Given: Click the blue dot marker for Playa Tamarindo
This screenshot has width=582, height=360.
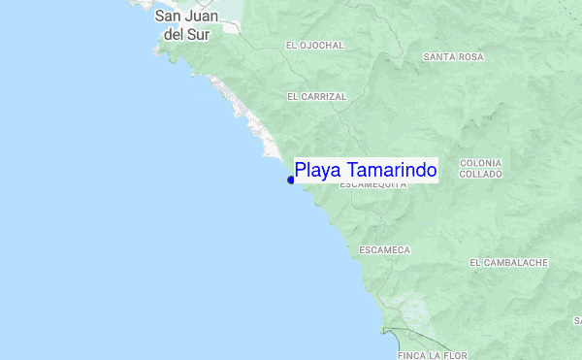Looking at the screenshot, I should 291,179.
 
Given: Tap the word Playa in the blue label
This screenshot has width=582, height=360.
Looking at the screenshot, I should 315,171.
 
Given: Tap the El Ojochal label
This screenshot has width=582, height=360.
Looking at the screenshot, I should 315,45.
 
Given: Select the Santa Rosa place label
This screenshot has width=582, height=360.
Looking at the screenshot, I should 453,57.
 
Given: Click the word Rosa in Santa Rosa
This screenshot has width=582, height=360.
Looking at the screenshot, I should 470,57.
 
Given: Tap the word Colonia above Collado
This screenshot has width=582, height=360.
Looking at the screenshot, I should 481,162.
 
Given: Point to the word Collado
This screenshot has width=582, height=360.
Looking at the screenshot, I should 481,175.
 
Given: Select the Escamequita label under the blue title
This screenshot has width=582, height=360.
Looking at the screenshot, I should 372,184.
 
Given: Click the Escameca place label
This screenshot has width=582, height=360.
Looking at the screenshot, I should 384,250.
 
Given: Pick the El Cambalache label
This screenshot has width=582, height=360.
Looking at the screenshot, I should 508,263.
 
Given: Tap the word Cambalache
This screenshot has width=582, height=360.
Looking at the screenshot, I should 515,263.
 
